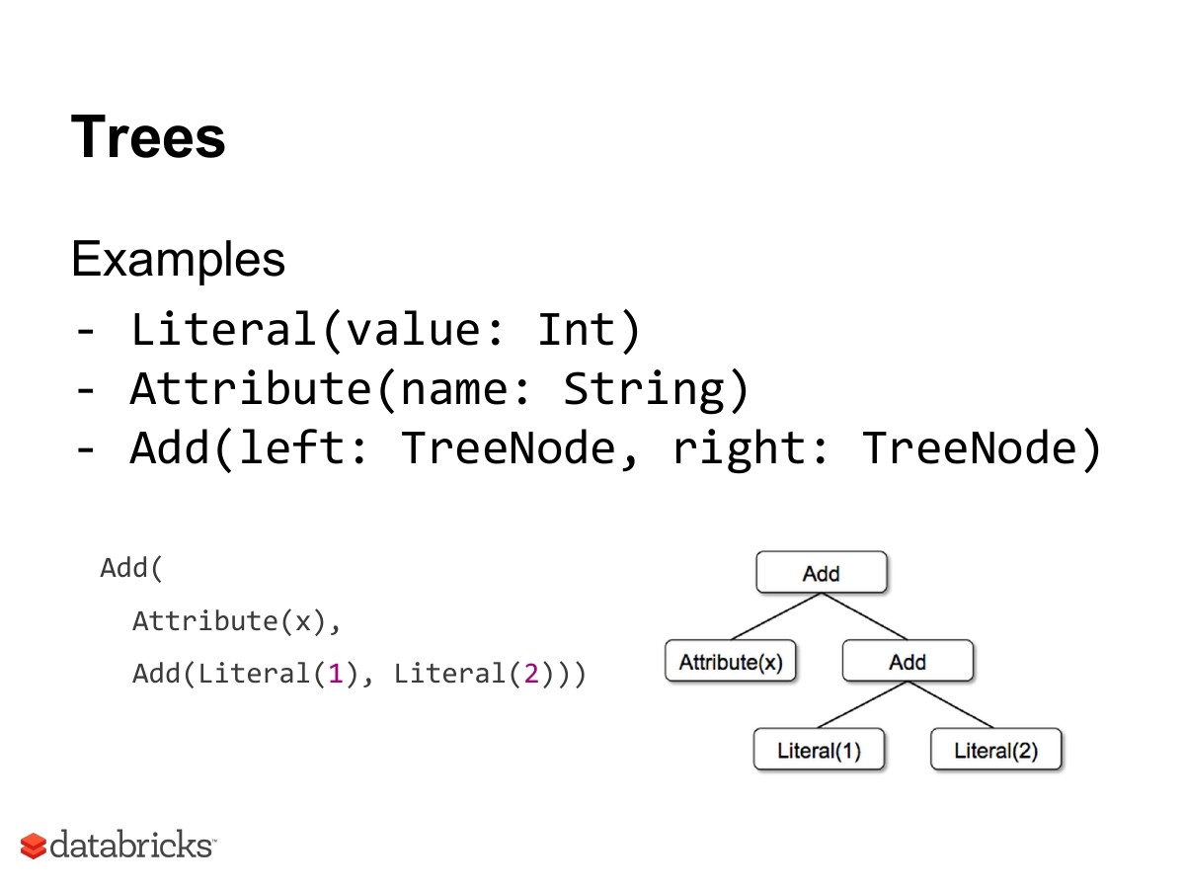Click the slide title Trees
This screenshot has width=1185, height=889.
coord(148,136)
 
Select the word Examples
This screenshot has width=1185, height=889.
coord(178,260)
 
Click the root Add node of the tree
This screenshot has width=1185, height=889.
coord(821,573)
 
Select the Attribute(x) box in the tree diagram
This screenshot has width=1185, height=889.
coord(730,662)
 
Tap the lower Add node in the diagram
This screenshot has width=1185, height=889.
coord(907,662)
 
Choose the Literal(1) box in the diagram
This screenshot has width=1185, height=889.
coord(819,751)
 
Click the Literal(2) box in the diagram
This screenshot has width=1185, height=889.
coord(995,751)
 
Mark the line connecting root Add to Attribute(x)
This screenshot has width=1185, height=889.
coord(775,617)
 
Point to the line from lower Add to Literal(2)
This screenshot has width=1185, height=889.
coord(951,706)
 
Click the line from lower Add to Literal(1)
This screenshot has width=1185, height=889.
coord(863,706)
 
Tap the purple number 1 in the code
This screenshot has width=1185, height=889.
coord(335,675)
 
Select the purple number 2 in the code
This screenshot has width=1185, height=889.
coord(530,675)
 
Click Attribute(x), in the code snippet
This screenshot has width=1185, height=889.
coord(237,621)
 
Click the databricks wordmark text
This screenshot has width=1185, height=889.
coord(130,846)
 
